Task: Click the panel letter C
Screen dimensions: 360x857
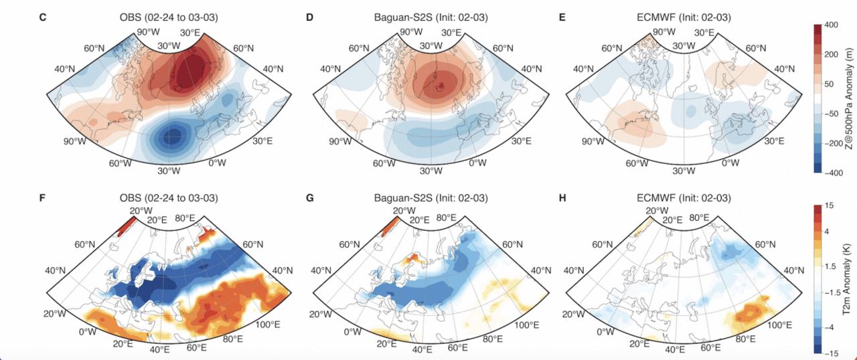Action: [43, 15]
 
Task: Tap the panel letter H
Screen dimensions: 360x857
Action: [562, 198]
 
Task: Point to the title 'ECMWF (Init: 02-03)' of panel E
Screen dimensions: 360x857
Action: [684, 15]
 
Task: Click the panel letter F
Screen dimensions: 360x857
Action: [43, 198]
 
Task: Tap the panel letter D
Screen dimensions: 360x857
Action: [309, 15]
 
